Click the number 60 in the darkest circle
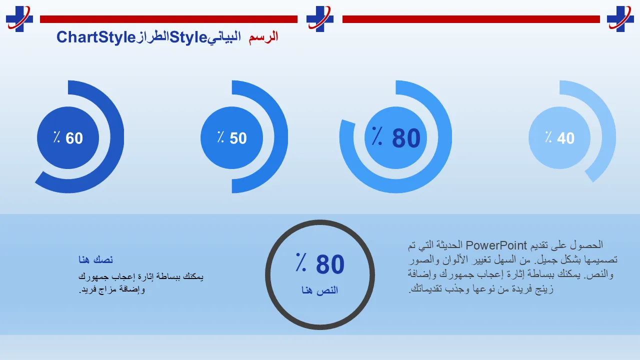(x=74, y=138)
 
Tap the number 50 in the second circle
(x=238, y=138)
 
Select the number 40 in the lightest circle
(x=565, y=138)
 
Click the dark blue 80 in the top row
(x=406, y=138)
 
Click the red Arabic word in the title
(x=263, y=37)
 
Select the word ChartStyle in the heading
(x=96, y=37)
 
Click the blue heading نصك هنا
(x=95, y=259)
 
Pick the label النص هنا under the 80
(x=319, y=290)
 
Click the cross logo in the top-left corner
(x=19, y=19)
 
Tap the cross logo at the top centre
(x=319, y=19)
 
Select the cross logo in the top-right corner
(x=620, y=19)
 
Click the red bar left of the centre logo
(x=168, y=19)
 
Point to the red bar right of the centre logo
(x=471, y=19)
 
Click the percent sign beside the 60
(x=57, y=137)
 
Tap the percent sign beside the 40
(x=548, y=137)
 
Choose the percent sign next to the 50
(x=220, y=137)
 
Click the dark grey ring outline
(x=267, y=274)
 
